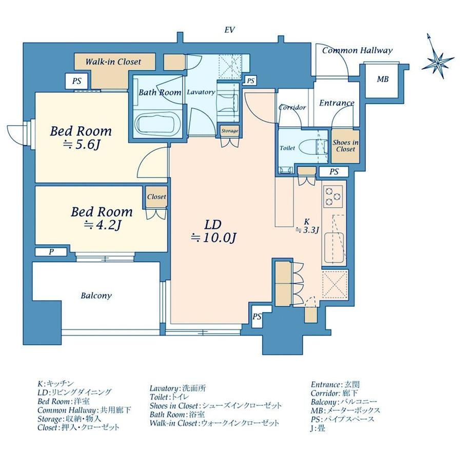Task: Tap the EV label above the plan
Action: coord(229,30)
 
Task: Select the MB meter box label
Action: coord(383,79)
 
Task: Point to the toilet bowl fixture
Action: coord(309,148)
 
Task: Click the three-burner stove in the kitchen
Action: coord(332,195)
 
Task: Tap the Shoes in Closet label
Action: coord(346,146)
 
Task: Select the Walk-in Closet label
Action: coord(113,62)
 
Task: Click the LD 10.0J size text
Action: coord(213,238)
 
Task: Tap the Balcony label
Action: coord(96,296)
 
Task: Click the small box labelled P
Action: coord(51,252)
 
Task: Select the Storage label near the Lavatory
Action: coord(230,131)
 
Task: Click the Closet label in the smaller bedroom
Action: coord(156,197)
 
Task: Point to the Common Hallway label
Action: coord(357,51)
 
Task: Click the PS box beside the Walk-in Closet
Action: coord(77,81)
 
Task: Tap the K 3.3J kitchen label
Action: coord(307,226)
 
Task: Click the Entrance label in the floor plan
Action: coord(337,103)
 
